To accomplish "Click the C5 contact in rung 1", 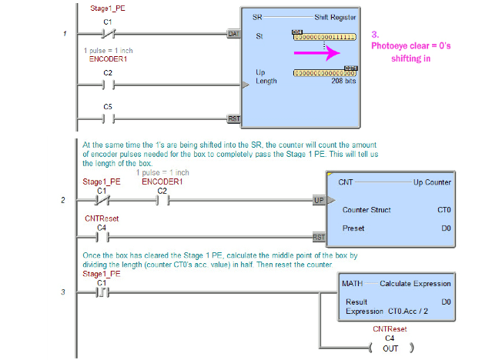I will click(108, 118).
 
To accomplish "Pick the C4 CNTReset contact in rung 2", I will click(101, 237).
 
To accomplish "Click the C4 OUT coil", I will click(390, 349).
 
